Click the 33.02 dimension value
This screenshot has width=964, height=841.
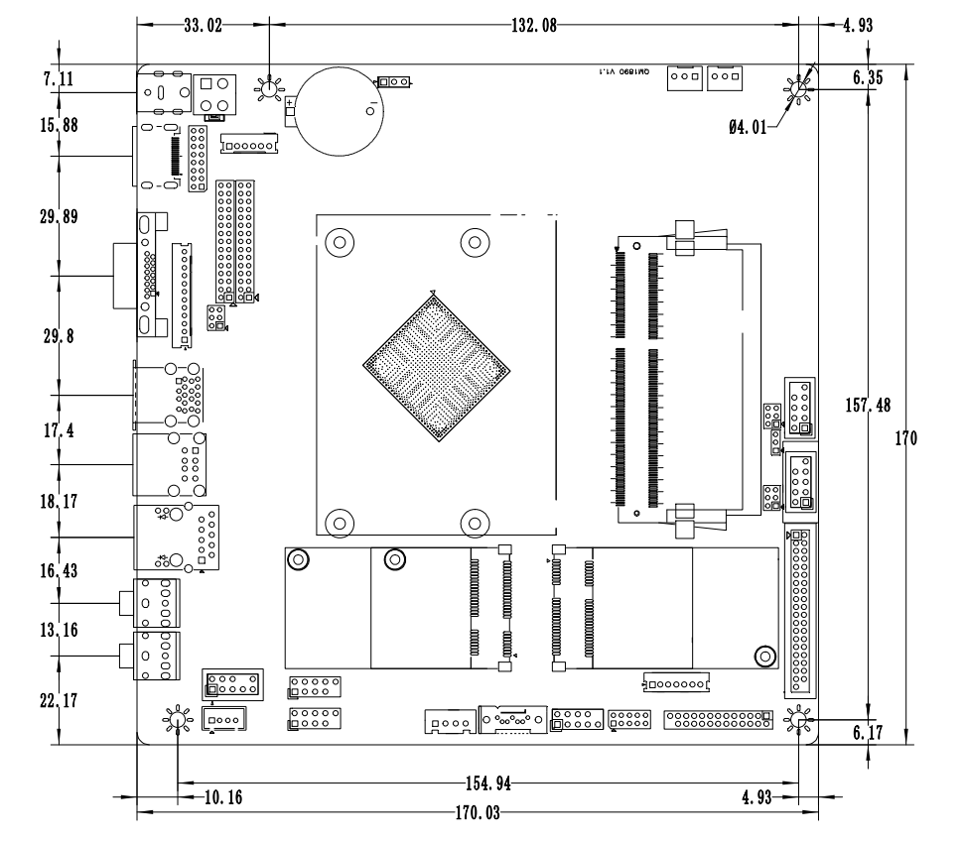click(x=203, y=27)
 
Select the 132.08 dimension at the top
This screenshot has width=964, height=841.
click(x=533, y=27)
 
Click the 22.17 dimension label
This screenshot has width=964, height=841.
click(x=62, y=700)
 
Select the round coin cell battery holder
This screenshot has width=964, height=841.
click(x=341, y=109)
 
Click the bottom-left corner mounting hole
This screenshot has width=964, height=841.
click(x=177, y=719)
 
